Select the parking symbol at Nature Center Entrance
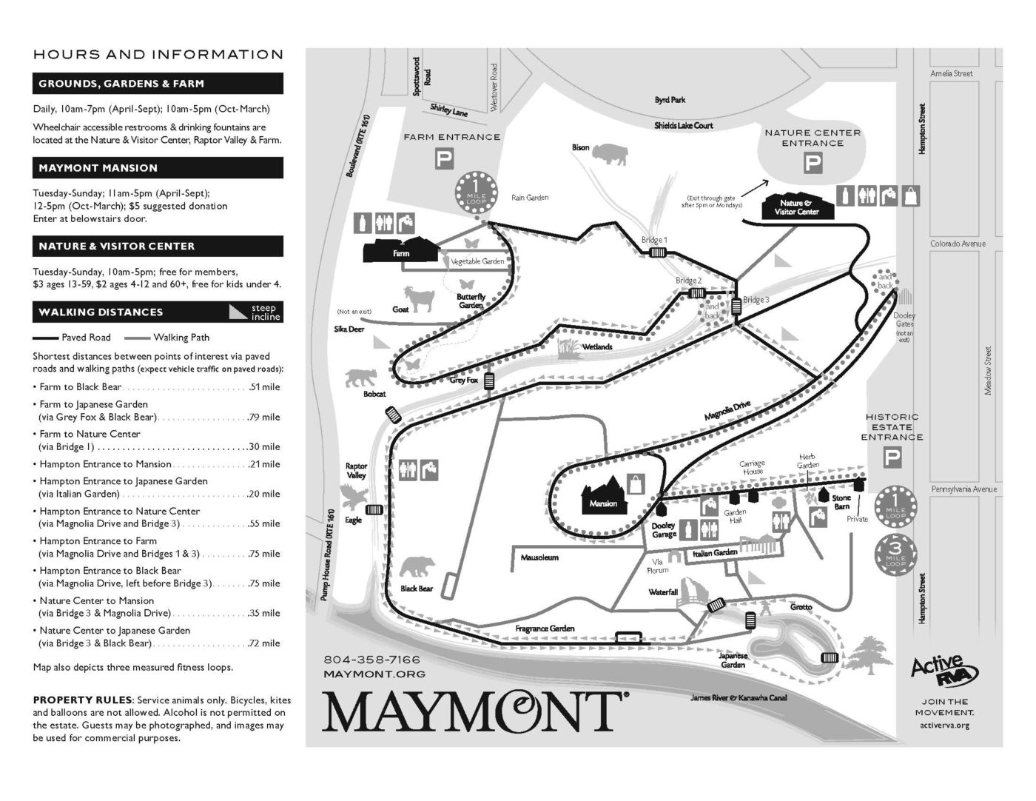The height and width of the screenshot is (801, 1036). pos(813,163)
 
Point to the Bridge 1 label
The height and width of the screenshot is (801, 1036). pos(654,240)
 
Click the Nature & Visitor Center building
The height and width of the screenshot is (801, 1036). pos(798,207)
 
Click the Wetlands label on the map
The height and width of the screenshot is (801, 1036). pos(597,346)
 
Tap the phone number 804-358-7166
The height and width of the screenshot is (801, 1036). pos(371,660)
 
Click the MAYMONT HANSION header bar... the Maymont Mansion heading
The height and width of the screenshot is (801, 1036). pos(158,168)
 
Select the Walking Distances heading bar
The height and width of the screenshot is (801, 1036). pos(158,312)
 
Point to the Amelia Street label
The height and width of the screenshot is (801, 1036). pos(952,73)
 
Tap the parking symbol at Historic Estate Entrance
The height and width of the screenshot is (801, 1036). pos(894,459)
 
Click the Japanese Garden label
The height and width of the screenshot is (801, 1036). pos(733,660)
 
